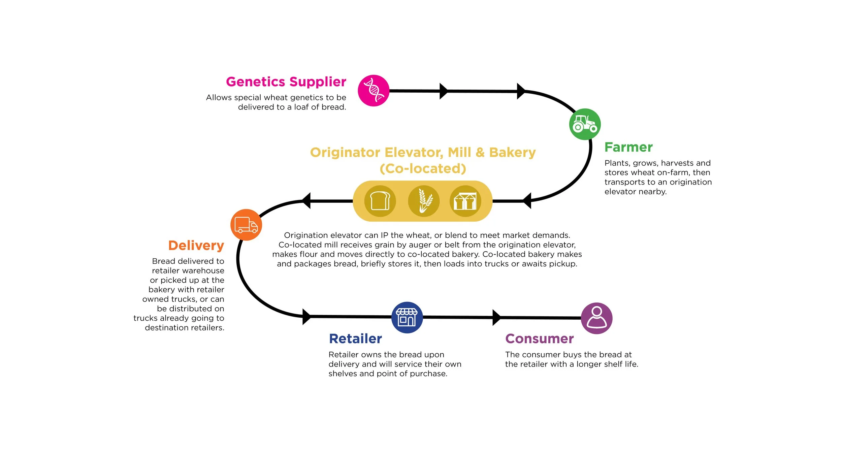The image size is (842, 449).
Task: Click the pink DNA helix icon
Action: tap(374, 91)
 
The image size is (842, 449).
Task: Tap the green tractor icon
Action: tap(585, 124)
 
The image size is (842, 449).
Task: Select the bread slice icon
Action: tap(380, 201)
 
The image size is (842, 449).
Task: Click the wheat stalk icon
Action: tap(424, 201)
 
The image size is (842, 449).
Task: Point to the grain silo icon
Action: tap(465, 201)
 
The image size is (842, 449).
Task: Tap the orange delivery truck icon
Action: tap(246, 225)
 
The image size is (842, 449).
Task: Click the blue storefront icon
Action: tap(407, 317)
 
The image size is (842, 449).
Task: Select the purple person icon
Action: tap(597, 318)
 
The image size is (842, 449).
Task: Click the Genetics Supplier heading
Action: tap(286, 82)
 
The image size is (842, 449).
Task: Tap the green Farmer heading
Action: tap(628, 147)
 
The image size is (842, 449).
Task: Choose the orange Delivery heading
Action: tap(196, 246)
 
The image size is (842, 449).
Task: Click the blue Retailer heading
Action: tap(355, 339)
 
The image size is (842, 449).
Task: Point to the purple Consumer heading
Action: tap(540, 339)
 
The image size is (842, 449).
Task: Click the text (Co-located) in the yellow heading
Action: tap(423, 168)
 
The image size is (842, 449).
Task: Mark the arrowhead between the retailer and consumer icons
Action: tap(496, 318)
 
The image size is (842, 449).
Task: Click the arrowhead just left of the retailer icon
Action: tap(307, 317)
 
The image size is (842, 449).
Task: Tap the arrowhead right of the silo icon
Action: tap(527, 201)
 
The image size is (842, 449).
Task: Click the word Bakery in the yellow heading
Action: tap(512, 153)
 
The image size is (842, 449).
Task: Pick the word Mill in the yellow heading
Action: tap(459, 152)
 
